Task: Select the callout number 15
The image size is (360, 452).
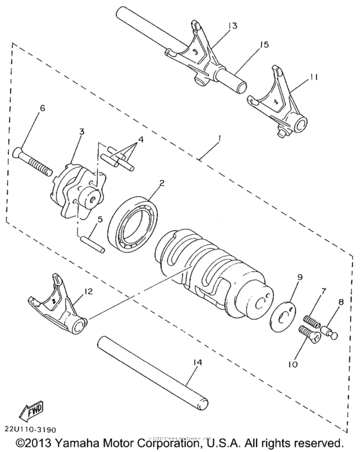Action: coord(264,45)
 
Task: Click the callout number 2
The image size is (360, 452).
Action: coord(162,183)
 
